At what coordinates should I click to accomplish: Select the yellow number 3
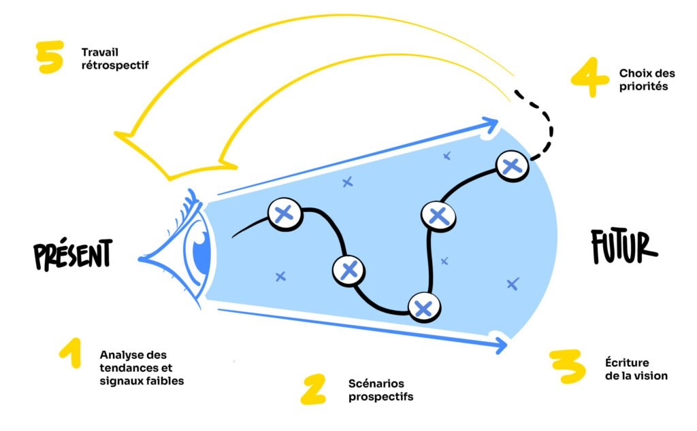pyautogui.click(x=568, y=367)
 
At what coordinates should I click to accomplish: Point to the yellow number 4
pyautogui.click(x=589, y=80)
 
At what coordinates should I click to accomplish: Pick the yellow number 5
pyautogui.click(x=50, y=57)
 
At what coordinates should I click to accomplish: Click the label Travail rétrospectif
pyautogui.click(x=114, y=58)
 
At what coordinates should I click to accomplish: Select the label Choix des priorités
pyautogui.click(x=643, y=80)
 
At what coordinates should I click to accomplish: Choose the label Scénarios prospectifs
pyautogui.click(x=380, y=390)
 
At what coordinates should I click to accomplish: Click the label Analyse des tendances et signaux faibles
pyautogui.click(x=142, y=367)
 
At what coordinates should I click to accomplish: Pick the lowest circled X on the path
pyautogui.click(x=423, y=308)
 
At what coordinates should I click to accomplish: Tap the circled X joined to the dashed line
pyautogui.click(x=511, y=166)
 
